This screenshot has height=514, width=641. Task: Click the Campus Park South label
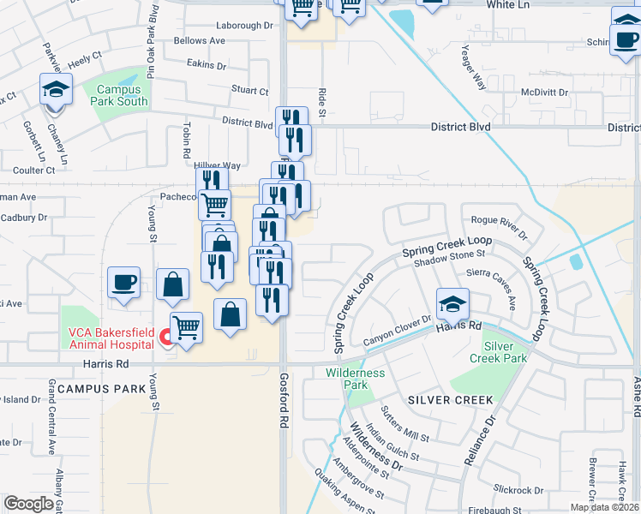tap(122, 95)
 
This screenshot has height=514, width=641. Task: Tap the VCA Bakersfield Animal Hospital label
tap(110, 339)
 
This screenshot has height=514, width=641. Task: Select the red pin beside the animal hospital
tap(165, 341)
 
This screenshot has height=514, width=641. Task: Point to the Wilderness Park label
tap(356, 379)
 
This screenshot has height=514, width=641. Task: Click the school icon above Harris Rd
tap(452, 303)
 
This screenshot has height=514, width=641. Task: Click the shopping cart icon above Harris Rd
tap(187, 326)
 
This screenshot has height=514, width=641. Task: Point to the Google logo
tap(27, 504)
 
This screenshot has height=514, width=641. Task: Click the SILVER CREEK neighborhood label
tap(450, 400)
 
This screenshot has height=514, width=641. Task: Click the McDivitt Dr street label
tap(546, 92)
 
